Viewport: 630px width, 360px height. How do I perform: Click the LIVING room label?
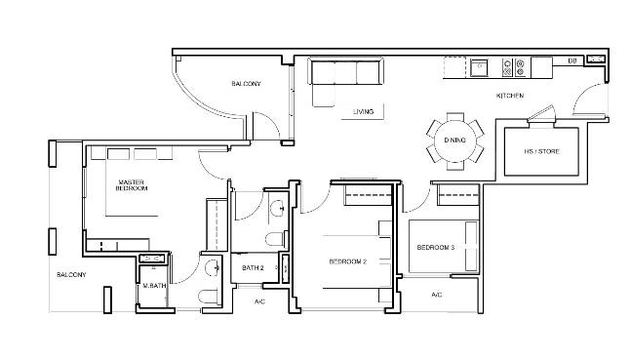coord(363,111)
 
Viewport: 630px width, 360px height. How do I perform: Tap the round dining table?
coord(454,140)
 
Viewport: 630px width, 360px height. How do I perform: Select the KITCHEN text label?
coord(510,96)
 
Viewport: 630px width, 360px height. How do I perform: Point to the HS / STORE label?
coord(541,151)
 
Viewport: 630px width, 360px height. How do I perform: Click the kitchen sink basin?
coord(480,67)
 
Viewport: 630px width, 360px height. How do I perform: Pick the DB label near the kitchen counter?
coord(572,60)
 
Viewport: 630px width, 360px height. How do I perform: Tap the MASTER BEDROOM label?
coord(132,185)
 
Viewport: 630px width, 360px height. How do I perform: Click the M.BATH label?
coord(154,286)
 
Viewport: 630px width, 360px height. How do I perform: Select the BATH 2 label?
coord(253,268)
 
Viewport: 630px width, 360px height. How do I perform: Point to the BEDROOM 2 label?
coord(348,261)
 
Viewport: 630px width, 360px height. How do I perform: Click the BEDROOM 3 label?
coord(436,248)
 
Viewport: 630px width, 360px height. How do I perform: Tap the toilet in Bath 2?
coord(275,240)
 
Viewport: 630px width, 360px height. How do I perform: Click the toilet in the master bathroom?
coord(209,297)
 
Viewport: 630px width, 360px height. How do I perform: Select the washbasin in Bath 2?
coord(278,209)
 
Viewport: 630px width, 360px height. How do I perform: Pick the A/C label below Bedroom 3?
coord(436,295)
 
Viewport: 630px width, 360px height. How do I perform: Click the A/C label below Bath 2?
coord(259,301)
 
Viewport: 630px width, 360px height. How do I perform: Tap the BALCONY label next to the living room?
coord(246,84)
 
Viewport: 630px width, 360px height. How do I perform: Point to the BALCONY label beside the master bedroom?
coord(71,275)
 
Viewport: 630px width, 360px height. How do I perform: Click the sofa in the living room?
coord(345,80)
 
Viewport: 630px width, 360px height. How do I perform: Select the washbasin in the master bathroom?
coord(212,268)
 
